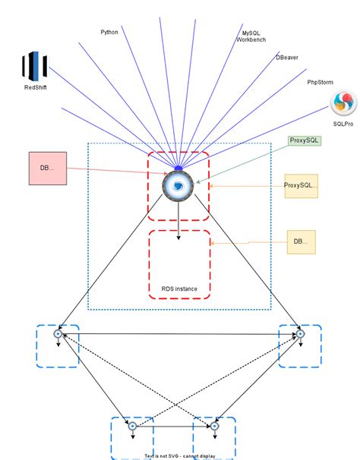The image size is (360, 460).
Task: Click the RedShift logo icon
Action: pyautogui.click(x=33, y=66)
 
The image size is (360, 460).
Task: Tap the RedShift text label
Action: pyautogui.click(x=34, y=88)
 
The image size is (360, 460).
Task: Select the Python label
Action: pyautogui.click(x=109, y=32)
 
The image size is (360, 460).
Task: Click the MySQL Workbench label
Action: pyautogui.click(x=251, y=36)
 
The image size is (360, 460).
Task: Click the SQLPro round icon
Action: pyautogui.click(x=343, y=102)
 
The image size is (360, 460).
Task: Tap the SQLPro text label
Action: pyautogui.click(x=343, y=123)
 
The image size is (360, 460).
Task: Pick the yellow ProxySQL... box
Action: pyautogui.click(x=301, y=184)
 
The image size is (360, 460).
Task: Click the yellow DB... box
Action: pyautogui.click(x=301, y=242)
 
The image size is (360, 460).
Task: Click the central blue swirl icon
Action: pyautogui.click(x=178, y=184)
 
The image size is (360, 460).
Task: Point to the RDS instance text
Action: pyautogui.click(x=179, y=288)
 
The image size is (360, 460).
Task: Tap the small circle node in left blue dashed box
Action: pyautogui.click(x=57, y=333)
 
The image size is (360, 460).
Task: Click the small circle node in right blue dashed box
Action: pyautogui.click(x=300, y=333)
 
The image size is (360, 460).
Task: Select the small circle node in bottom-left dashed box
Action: pyautogui.click(x=131, y=427)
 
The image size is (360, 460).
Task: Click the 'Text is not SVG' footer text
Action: pyautogui.click(x=180, y=456)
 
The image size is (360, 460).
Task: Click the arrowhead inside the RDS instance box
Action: pyautogui.click(x=178, y=238)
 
